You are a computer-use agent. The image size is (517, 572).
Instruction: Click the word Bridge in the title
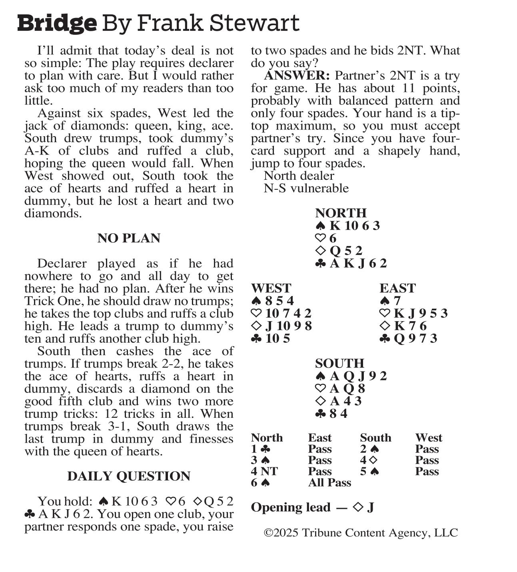[x=57, y=23]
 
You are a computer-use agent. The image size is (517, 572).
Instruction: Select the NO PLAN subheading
[x=129, y=238]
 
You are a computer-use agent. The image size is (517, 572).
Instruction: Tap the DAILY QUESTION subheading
[x=129, y=476]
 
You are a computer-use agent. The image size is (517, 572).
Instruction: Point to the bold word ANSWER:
[x=297, y=75]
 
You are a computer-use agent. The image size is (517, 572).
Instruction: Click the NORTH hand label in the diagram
[x=341, y=213]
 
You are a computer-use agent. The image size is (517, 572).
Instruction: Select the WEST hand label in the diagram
[x=271, y=288]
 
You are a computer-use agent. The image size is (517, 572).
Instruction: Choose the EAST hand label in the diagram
[x=397, y=288]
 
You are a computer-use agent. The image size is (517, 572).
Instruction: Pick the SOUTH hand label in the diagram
[x=339, y=363]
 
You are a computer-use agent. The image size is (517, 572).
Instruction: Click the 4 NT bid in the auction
[x=264, y=471]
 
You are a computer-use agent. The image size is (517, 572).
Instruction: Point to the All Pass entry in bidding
[x=329, y=483]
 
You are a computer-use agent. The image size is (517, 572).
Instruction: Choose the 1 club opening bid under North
[x=259, y=449]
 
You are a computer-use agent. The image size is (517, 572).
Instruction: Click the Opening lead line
[x=312, y=507]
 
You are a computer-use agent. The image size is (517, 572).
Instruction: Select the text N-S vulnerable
[x=306, y=188]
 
